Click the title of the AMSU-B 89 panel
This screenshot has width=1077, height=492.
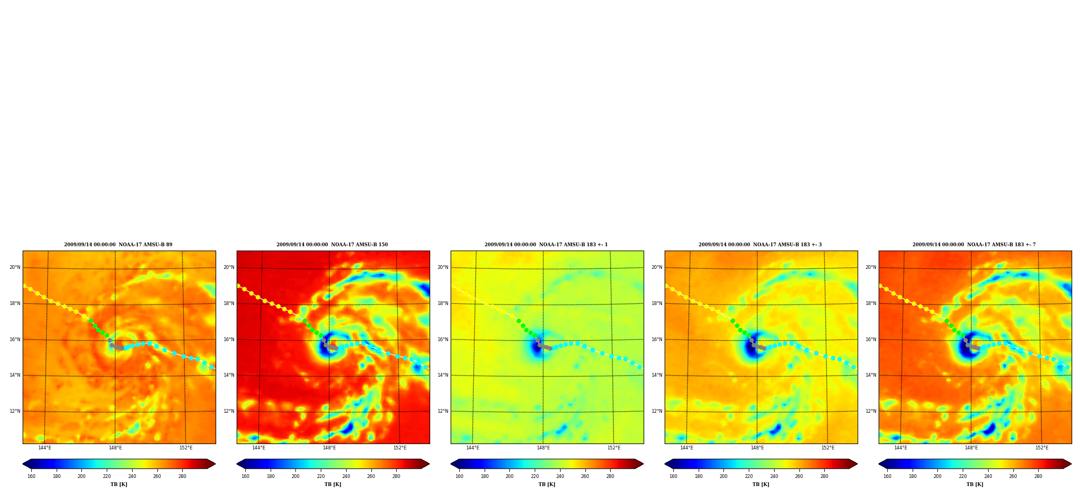click(118, 245)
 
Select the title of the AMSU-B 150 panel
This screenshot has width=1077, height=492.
click(332, 245)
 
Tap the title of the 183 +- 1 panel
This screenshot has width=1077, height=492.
click(546, 245)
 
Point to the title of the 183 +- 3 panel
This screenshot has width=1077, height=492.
click(760, 245)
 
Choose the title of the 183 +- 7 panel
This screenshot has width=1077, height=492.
click(974, 245)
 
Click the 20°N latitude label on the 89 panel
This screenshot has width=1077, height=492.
click(15, 267)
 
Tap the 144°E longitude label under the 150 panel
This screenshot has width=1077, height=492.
click(259, 448)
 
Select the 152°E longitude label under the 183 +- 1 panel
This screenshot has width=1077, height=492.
click(614, 448)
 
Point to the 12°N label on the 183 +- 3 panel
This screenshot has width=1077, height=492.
click(657, 411)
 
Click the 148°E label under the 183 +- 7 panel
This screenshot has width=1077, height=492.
click(971, 448)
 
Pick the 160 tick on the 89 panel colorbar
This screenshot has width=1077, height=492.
click(31, 476)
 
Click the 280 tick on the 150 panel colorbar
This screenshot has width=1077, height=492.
click(396, 476)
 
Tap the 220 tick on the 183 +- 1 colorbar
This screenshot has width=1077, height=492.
click(535, 476)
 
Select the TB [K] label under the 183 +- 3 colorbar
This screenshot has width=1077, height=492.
click(761, 484)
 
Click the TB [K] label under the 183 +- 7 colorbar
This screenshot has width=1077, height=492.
click(975, 484)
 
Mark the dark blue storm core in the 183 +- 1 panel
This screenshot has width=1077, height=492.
click(536, 348)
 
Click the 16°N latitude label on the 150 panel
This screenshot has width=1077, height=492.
click(229, 339)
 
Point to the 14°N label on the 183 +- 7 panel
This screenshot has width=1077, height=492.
click(871, 375)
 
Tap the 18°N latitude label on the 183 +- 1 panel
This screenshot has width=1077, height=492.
click(443, 303)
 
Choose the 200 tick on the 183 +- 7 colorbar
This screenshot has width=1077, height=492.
click(937, 476)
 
